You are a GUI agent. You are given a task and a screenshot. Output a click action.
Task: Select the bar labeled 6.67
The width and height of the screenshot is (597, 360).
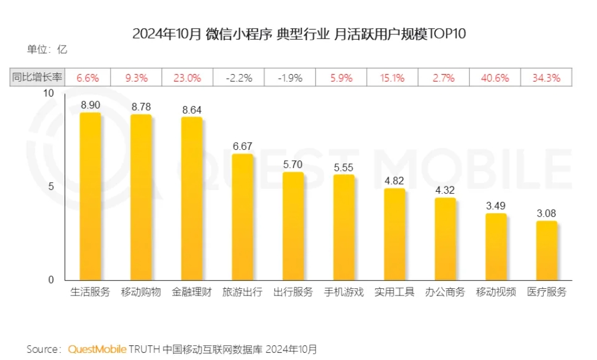242,217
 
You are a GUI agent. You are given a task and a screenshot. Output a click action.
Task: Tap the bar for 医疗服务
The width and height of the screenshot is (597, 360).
547,250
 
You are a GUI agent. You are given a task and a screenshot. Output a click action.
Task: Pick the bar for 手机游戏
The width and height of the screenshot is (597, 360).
344,227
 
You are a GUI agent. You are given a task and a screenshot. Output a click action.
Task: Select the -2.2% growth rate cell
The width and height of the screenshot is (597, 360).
240,78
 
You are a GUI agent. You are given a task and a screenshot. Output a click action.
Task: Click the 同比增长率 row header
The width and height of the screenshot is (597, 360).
37,78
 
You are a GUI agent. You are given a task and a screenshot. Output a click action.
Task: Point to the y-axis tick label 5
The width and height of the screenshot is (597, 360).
51,187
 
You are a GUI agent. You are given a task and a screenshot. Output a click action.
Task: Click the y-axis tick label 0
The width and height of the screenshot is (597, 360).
51,279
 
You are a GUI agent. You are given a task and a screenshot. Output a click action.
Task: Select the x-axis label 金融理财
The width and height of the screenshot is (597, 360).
191,292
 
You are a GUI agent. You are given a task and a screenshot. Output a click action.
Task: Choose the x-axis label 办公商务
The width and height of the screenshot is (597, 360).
445,292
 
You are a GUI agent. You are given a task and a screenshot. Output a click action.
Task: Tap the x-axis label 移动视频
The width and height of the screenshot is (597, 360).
496,292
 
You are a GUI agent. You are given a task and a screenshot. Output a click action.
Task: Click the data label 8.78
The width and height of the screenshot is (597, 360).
141,107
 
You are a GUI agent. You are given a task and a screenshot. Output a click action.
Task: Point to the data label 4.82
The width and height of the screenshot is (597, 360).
394,181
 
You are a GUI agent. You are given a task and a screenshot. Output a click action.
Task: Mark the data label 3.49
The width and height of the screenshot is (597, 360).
496,206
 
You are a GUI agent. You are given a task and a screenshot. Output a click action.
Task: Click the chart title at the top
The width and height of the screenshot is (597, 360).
299,34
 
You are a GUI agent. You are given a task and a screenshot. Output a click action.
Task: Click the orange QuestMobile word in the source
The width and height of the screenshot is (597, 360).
97,349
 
